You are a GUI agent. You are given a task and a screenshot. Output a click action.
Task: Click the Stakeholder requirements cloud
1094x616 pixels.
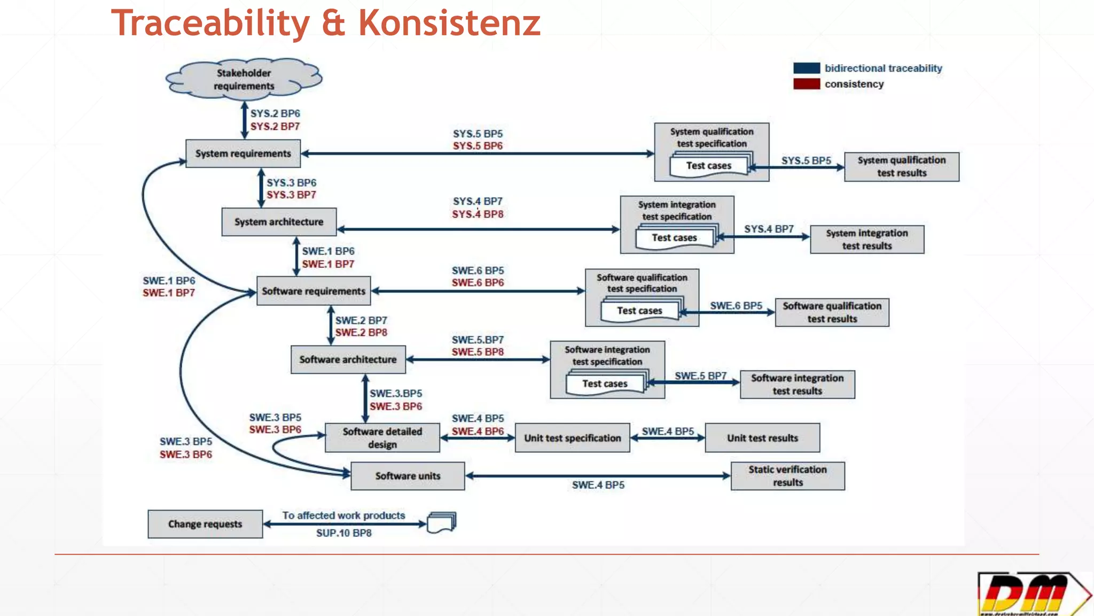click(244, 80)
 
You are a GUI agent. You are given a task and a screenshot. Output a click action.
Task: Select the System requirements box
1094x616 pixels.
click(243, 153)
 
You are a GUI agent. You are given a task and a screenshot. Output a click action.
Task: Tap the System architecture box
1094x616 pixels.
click(279, 222)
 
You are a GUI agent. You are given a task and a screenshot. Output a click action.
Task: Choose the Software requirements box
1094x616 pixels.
click(314, 291)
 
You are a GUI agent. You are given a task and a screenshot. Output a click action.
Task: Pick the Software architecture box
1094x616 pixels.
click(348, 359)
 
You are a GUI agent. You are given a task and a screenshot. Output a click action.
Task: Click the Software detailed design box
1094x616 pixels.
click(382, 438)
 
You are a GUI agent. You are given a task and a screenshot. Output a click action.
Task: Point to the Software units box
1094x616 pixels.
click(408, 476)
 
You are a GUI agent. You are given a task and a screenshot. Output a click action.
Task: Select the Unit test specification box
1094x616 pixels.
click(572, 438)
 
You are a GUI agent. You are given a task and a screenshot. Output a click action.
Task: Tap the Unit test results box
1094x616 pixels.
click(762, 438)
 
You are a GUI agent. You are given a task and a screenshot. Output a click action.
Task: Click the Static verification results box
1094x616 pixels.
click(787, 476)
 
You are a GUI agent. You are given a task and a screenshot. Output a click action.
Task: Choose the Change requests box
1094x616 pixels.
click(205, 524)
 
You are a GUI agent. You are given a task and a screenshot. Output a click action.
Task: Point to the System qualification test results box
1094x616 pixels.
click(901, 167)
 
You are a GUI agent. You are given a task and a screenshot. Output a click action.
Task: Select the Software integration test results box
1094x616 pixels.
click(797, 384)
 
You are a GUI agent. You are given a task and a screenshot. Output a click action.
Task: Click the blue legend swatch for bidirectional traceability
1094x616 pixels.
click(806, 68)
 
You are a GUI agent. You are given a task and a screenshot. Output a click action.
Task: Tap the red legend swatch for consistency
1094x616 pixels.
click(806, 84)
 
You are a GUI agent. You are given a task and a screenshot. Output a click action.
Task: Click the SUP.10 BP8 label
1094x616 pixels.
click(343, 533)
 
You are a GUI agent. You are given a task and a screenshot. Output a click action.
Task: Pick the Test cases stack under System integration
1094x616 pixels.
click(675, 237)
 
